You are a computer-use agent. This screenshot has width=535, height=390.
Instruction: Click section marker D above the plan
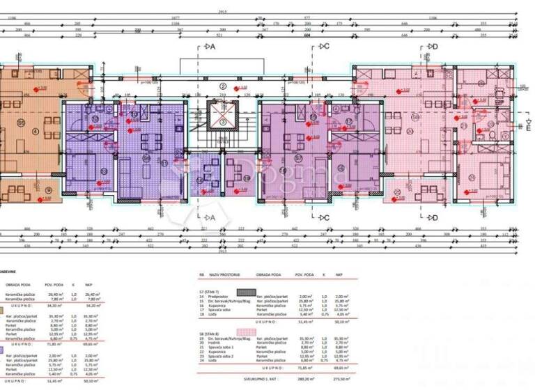point(432,47)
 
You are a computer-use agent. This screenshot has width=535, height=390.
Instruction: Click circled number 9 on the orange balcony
point(47,189)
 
